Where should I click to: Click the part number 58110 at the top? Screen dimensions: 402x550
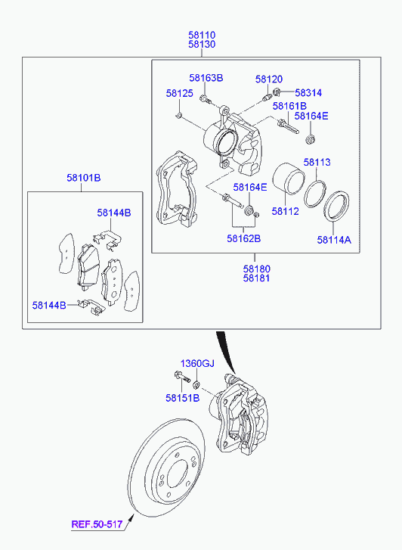(202, 35)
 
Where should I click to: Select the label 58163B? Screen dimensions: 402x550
(206, 78)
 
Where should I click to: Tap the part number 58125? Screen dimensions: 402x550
(179, 93)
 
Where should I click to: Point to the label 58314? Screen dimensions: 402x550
(308, 93)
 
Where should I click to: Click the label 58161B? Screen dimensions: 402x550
(289, 106)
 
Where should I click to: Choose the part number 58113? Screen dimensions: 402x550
(317, 163)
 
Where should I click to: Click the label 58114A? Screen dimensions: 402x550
(334, 240)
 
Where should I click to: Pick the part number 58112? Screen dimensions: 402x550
(286, 212)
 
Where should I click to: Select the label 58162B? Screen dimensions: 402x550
(244, 239)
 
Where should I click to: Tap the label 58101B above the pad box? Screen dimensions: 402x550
(84, 179)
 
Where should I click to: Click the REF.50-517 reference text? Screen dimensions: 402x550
(97, 525)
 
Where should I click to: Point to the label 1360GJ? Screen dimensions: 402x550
(197, 364)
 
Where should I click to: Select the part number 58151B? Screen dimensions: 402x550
(183, 398)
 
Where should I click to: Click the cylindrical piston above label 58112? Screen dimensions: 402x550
(289, 179)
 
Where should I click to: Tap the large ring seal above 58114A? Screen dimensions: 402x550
(336, 207)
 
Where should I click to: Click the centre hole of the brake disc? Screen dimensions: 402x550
(178, 474)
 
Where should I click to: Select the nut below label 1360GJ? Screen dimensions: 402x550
(197, 386)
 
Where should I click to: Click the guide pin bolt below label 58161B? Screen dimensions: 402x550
(288, 126)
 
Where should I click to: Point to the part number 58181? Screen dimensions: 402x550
(257, 278)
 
